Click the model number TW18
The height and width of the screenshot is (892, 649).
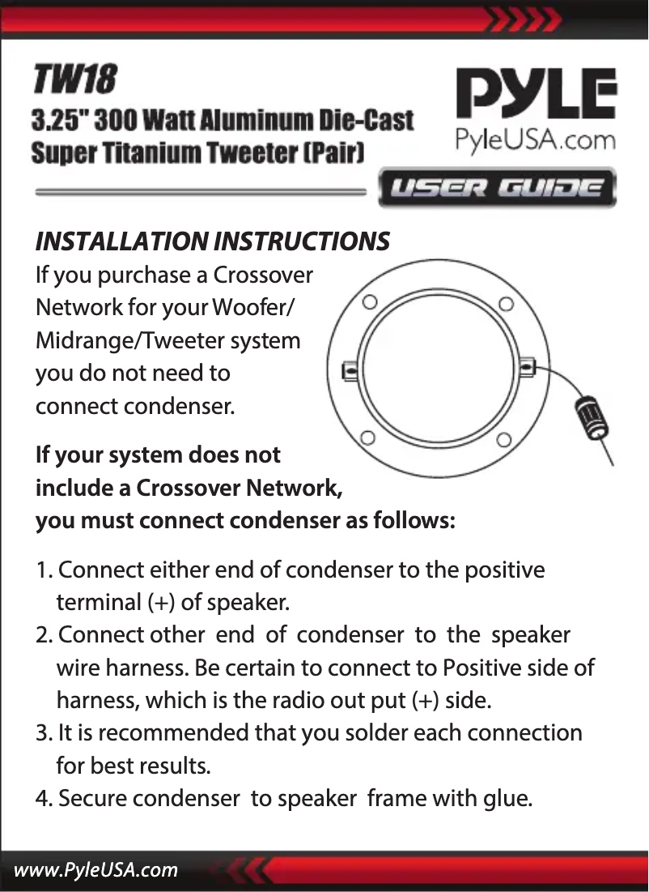74,79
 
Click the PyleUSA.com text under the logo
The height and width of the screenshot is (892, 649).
535,140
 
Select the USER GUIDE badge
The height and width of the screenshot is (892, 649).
497,188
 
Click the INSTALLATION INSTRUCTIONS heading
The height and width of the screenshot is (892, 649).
213,241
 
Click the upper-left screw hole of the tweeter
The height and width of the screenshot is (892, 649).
370,302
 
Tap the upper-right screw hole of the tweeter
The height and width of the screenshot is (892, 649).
506,303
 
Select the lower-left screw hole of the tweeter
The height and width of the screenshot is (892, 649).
367,437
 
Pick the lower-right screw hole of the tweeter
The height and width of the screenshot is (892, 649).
503,439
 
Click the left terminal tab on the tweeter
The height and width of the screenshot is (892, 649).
350,371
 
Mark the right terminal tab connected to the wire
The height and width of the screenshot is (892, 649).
527,366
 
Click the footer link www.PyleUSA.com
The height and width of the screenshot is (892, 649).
95,869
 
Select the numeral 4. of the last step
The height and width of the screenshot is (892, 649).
44,798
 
